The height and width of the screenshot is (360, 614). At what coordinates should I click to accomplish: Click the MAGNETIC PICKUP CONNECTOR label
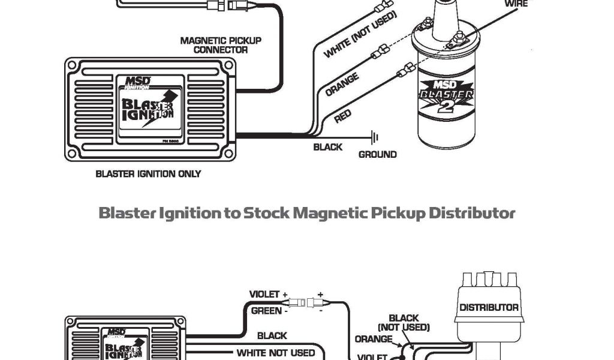pos(221,45)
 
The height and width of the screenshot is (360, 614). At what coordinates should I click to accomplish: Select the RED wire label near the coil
pos(342,116)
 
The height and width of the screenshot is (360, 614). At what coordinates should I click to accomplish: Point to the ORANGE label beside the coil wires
pos(342,85)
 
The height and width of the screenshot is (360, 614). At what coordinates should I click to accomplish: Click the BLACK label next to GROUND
pos(328,147)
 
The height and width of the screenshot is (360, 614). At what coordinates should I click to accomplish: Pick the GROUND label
pos(377,154)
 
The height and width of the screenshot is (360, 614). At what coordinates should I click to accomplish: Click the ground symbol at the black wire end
pos(375,137)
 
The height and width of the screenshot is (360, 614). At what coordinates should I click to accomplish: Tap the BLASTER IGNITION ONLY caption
pos(148,174)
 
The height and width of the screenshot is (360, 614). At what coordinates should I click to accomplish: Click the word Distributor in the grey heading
pos(472,213)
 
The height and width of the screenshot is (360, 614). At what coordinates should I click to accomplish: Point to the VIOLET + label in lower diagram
pos(268,294)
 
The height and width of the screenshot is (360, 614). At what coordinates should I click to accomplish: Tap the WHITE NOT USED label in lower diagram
pos(276,353)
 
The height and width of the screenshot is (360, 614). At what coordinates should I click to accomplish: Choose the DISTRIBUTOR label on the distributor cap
pos(489,307)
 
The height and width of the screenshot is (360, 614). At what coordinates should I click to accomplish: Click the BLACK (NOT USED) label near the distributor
pos(404,323)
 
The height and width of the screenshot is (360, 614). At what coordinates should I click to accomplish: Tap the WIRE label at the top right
pos(516,4)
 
